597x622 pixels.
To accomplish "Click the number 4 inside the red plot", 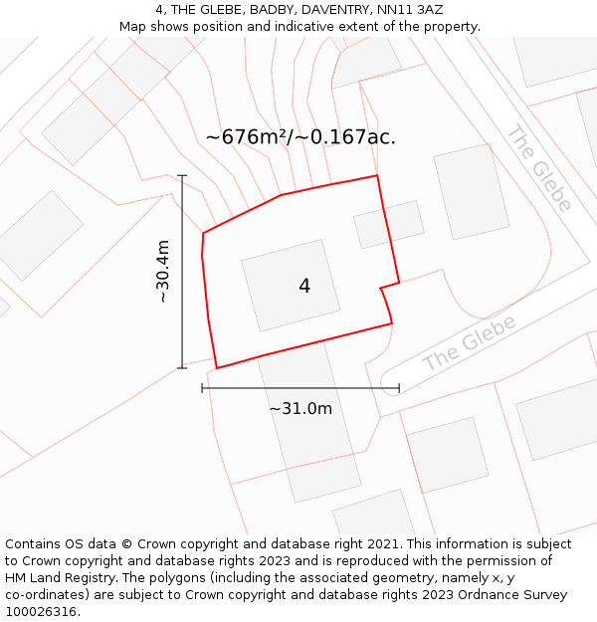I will pyautogui.click(x=304, y=287).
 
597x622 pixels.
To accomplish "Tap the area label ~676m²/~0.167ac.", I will pyautogui.click(x=300, y=137).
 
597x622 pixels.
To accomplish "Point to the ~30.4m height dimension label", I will pyautogui.click(x=163, y=272).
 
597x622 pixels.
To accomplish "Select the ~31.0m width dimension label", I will pyautogui.click(x=300, y=408).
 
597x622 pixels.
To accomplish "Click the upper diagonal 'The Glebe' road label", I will pyautogui.click(x=539, y=168).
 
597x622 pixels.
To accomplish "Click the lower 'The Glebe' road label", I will pyautogui.click(x=470, y=343).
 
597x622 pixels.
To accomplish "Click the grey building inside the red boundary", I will pyautogui.click(x=291, y=286).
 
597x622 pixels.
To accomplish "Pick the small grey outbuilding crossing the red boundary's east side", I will pyautogui.click(x=389, y=224).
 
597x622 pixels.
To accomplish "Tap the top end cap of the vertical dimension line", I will pyautogui.click(x=182, y=175).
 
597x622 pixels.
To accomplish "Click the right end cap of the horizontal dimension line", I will pyautogui.click(x=399, y=388).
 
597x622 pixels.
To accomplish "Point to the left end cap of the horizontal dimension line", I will pyautogui.click(x=202, y=388).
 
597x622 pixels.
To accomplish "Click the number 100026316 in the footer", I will pyautogui.click(x=42, y=612).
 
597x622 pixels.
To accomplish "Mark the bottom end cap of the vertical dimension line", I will pyautogui.click(x=182, y=368).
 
